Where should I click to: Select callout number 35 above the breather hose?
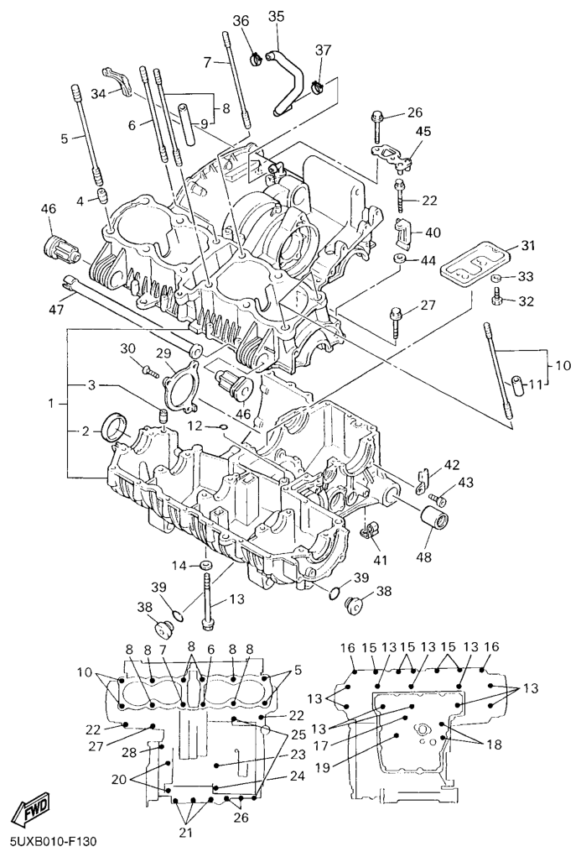[x=276, y=16]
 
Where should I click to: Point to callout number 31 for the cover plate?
[x=527, y=245]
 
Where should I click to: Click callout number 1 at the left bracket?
[x=52, y=404]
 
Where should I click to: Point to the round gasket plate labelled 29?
[x=179, y=384]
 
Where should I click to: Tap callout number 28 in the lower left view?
[x=129, y=751]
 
